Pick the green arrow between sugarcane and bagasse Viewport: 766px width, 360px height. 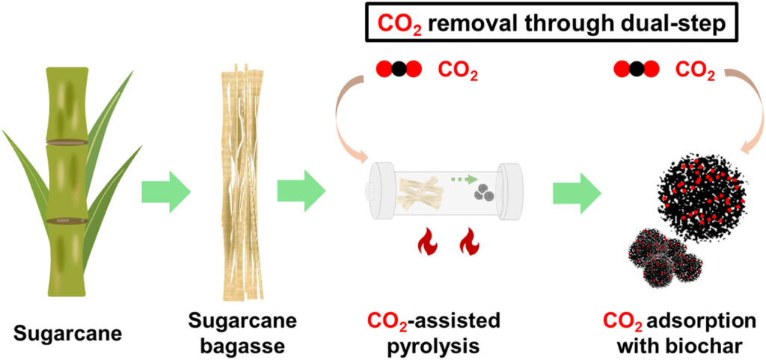[x=166, y=196]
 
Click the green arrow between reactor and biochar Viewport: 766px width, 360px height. [x=577, y=196]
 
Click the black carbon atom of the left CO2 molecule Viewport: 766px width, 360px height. [x=398, y=71]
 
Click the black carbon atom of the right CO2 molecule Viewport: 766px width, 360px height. [x=636, y=70]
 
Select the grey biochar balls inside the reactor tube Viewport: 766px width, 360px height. [x=484, y=194]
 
